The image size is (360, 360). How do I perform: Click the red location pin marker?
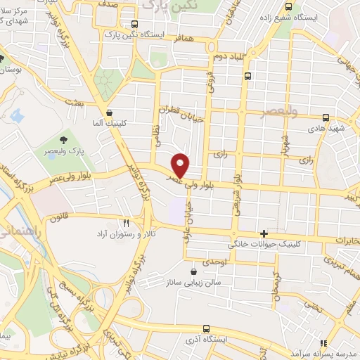point(181,165)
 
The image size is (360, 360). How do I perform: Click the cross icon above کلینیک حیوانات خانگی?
point(264,233)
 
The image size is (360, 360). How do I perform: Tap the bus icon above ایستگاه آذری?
point(205,328)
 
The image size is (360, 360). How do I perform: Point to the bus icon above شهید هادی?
point(325,118)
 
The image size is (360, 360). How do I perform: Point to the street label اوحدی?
point(214,262)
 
